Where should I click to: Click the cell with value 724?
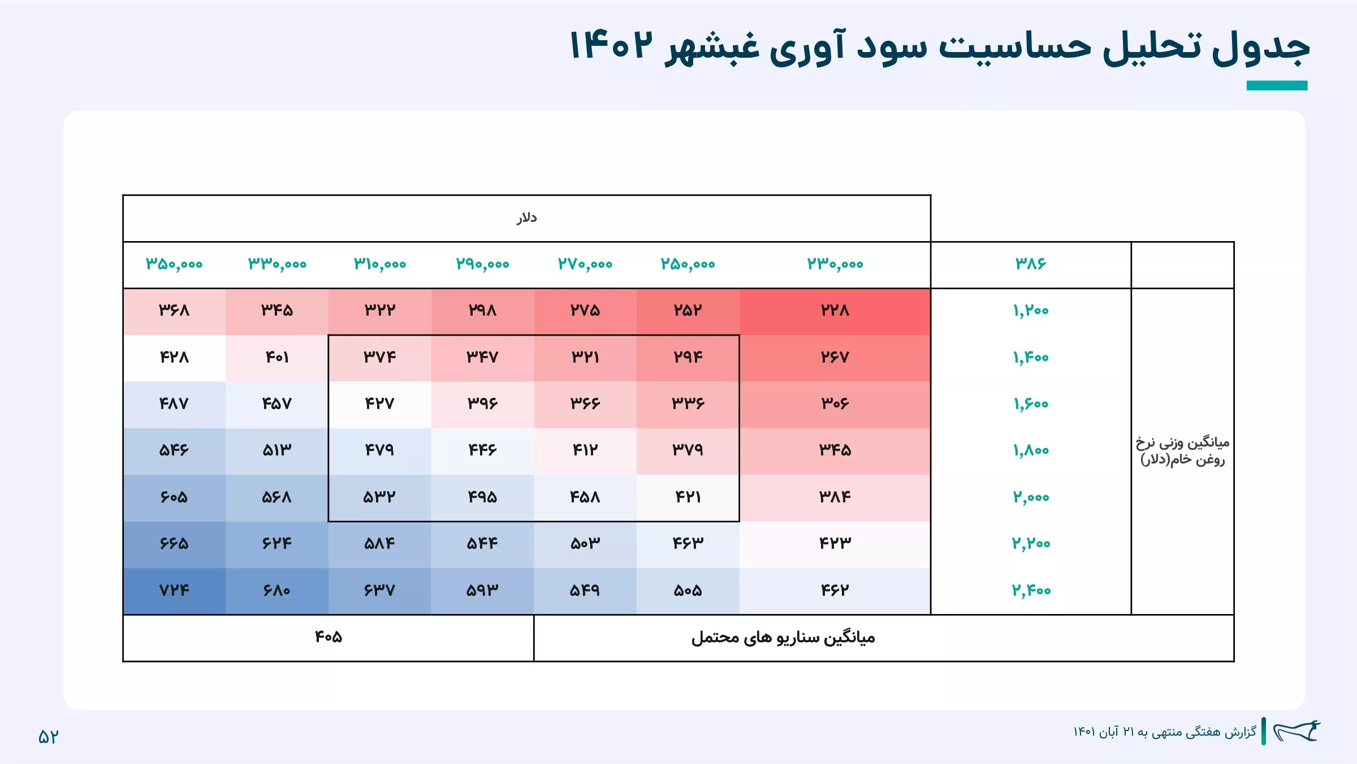pos(174,590)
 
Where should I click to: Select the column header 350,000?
pos(174,264)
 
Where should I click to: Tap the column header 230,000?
pos(835,264)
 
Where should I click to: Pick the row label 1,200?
pos(1030,310)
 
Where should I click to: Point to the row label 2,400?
pos(1031,590)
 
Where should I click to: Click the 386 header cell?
pos(1030,263)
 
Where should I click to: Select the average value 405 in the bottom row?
pos(329,637)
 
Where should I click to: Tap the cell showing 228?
pos(835,311)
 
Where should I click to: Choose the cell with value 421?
pos(688,497)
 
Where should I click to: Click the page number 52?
pos(48,736)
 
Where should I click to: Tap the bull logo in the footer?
pos(1297,731)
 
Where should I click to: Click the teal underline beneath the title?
pos(1277,85)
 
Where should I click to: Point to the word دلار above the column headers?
pos(526,218)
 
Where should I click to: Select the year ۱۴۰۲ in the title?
pos(611,45)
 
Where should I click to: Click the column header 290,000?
pos(482,264)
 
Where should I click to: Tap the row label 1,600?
pos(1030,404)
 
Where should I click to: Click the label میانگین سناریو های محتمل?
pos(783,638)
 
